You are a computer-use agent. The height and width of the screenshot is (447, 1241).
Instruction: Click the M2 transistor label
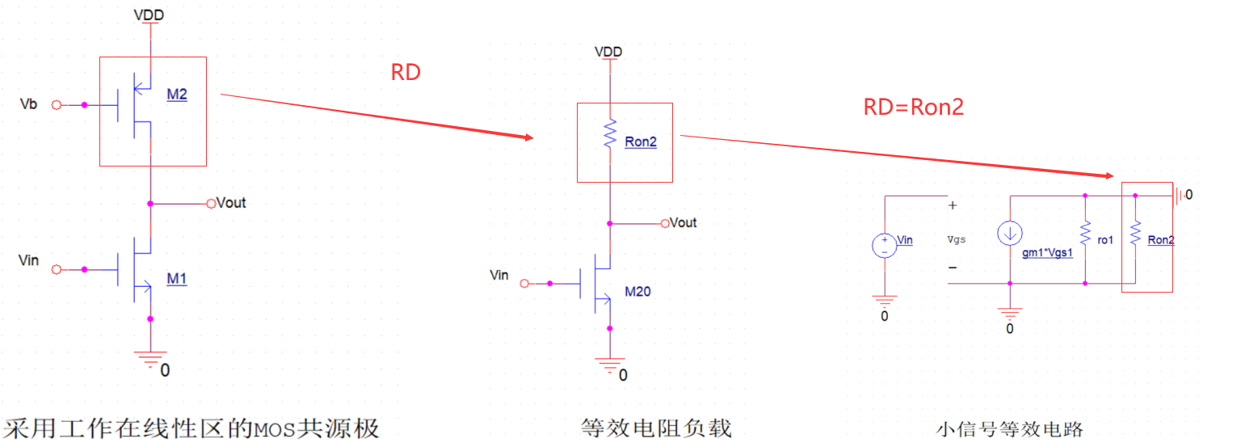pyautogui.click(x=177, y=95)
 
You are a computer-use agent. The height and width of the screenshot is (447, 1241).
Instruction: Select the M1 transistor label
pyautogui.click(x=177, y=279)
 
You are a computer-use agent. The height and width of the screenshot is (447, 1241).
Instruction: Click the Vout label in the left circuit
pyautogui.click(x=231, y=203)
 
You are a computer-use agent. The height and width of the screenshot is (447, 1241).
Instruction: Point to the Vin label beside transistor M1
pyautogui.click(x=28, y=261)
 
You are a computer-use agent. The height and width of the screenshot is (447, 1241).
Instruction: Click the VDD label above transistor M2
pyautogui.click(x=149, y=15)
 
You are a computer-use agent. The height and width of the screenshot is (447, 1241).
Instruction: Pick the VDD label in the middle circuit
pyautogui.click(x=608, y=53)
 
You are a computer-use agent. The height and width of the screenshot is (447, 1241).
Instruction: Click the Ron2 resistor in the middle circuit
pyautogui.click(x=611, y=133)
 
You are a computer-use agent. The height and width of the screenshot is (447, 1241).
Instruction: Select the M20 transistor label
pyautogui.click(x=637, y=291)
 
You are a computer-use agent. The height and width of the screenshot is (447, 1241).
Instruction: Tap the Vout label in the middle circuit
pyautogui.click(x=683, y=223)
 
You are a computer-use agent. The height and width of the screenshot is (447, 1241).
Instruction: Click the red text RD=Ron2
pyautogui.click(x=914, y=108)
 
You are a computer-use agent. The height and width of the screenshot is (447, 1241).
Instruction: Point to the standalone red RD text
pyautogui.click(x=406, y=73)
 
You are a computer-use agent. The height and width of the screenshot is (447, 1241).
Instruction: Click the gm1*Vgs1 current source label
pyautogui.click(x=1048, y=252)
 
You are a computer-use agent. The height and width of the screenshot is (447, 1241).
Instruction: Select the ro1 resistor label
pyautogui.click(x=1105, y=240)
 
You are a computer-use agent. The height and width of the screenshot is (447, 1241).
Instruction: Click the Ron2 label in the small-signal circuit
pyautogui.click(x=1161, y=240)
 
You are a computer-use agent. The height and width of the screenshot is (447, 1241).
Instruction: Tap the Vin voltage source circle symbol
pyautogui.click(x=886, y=246)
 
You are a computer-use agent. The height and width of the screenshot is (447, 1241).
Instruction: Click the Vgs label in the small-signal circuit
pyautogui.click(x=957, y=239)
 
